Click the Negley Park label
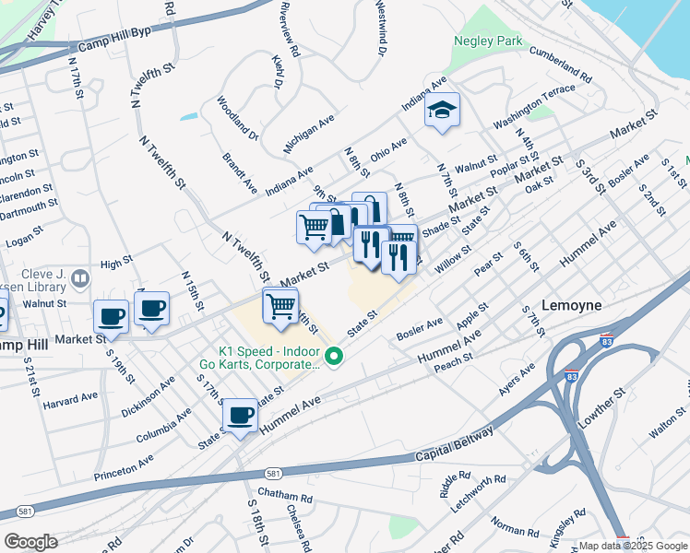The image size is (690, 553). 488,41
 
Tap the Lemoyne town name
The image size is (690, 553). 571,305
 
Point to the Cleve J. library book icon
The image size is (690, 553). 80,277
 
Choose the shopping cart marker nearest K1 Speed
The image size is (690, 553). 280,305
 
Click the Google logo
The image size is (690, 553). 31,542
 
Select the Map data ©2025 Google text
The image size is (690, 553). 632,546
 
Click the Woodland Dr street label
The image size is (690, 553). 238,117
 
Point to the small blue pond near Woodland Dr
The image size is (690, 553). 189,117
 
